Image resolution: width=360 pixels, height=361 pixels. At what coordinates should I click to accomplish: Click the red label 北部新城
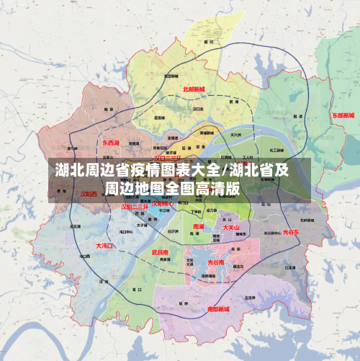click(194, 89)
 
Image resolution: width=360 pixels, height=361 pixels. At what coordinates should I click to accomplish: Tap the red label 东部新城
click(343, 115)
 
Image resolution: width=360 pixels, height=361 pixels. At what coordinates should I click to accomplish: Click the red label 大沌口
click(104, 246)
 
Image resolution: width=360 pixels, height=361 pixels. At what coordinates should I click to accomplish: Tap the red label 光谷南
click(216, 263)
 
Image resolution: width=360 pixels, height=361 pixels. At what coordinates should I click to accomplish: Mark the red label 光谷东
click(291, 232)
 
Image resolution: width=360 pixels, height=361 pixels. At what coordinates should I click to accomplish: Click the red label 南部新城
click(218, 308)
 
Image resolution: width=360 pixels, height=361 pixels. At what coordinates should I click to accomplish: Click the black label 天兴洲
click(235, 134)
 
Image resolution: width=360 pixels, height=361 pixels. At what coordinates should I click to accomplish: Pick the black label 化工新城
click(276, 150)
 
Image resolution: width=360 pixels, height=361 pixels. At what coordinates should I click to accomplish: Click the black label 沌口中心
click(125, 232)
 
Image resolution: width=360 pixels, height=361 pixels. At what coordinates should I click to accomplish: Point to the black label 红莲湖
click(289, 267)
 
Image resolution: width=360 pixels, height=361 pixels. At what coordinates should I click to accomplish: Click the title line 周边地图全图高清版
click(172, 189)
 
